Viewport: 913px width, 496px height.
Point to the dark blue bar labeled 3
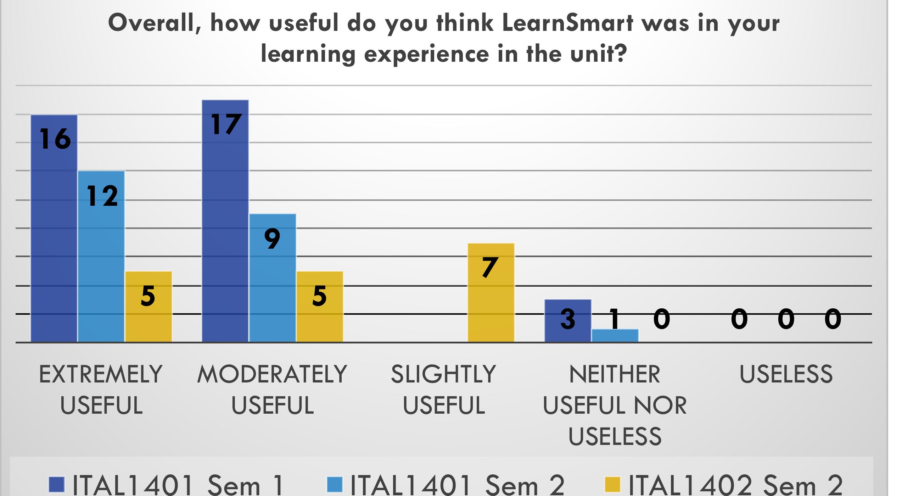tap(568, 321)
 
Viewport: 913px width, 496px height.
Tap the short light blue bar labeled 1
tap(615, 336)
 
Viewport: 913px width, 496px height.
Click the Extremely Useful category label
tap(101, 390)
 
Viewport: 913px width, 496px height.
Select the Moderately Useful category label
tap(272, 390)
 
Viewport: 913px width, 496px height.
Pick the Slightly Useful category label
tap(444, 390)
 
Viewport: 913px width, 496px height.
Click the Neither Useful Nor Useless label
tap(615, 404)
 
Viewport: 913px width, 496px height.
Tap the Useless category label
tap(786, 374)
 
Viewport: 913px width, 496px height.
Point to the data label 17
tap(226, 124)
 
